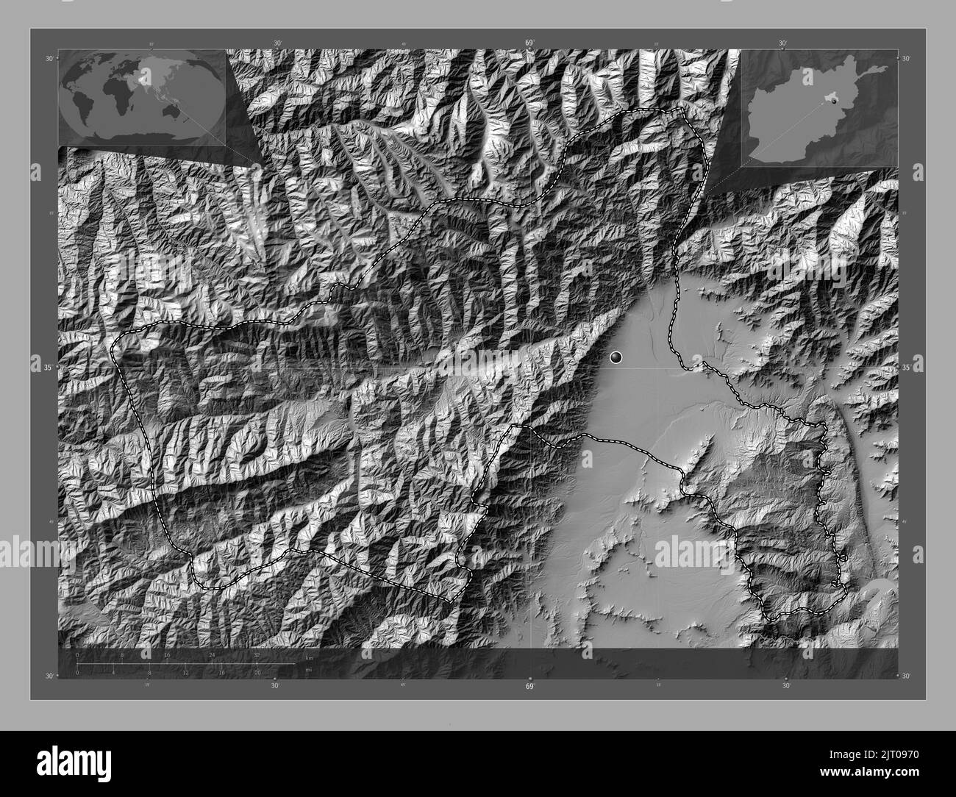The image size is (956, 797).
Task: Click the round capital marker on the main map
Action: (x=616, y=357)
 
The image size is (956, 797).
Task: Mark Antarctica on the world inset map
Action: (x=140, y=132)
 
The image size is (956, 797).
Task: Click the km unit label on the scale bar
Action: (x=310, y=657)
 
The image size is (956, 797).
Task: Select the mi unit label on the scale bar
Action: (x=309, y=671)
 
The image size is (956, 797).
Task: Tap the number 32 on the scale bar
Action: (x=257, y=654)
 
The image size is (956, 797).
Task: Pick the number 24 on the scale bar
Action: (x=212, y=654)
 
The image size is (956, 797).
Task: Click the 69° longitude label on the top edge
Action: (x=529, y=43)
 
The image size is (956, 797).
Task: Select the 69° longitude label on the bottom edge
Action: (x=529, y=687)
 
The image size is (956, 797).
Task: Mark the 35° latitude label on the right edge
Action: (x=906, y=367)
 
